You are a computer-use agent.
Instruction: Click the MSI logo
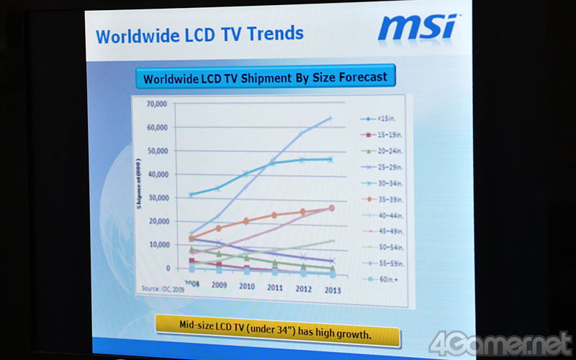coord(416,27)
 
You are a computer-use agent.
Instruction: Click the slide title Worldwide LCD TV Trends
coord(199,35)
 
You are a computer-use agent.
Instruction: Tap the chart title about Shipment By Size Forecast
coord(265,78)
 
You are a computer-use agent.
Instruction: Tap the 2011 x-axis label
coord(276,287)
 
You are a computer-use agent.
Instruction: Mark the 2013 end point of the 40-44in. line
coord(330,119)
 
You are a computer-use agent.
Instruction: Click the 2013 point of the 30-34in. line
coord(330,160)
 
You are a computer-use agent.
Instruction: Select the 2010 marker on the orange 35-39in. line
coord(246,221)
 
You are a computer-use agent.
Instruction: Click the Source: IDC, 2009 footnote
coord(161,288)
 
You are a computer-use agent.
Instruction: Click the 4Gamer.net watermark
coord(500,344)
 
